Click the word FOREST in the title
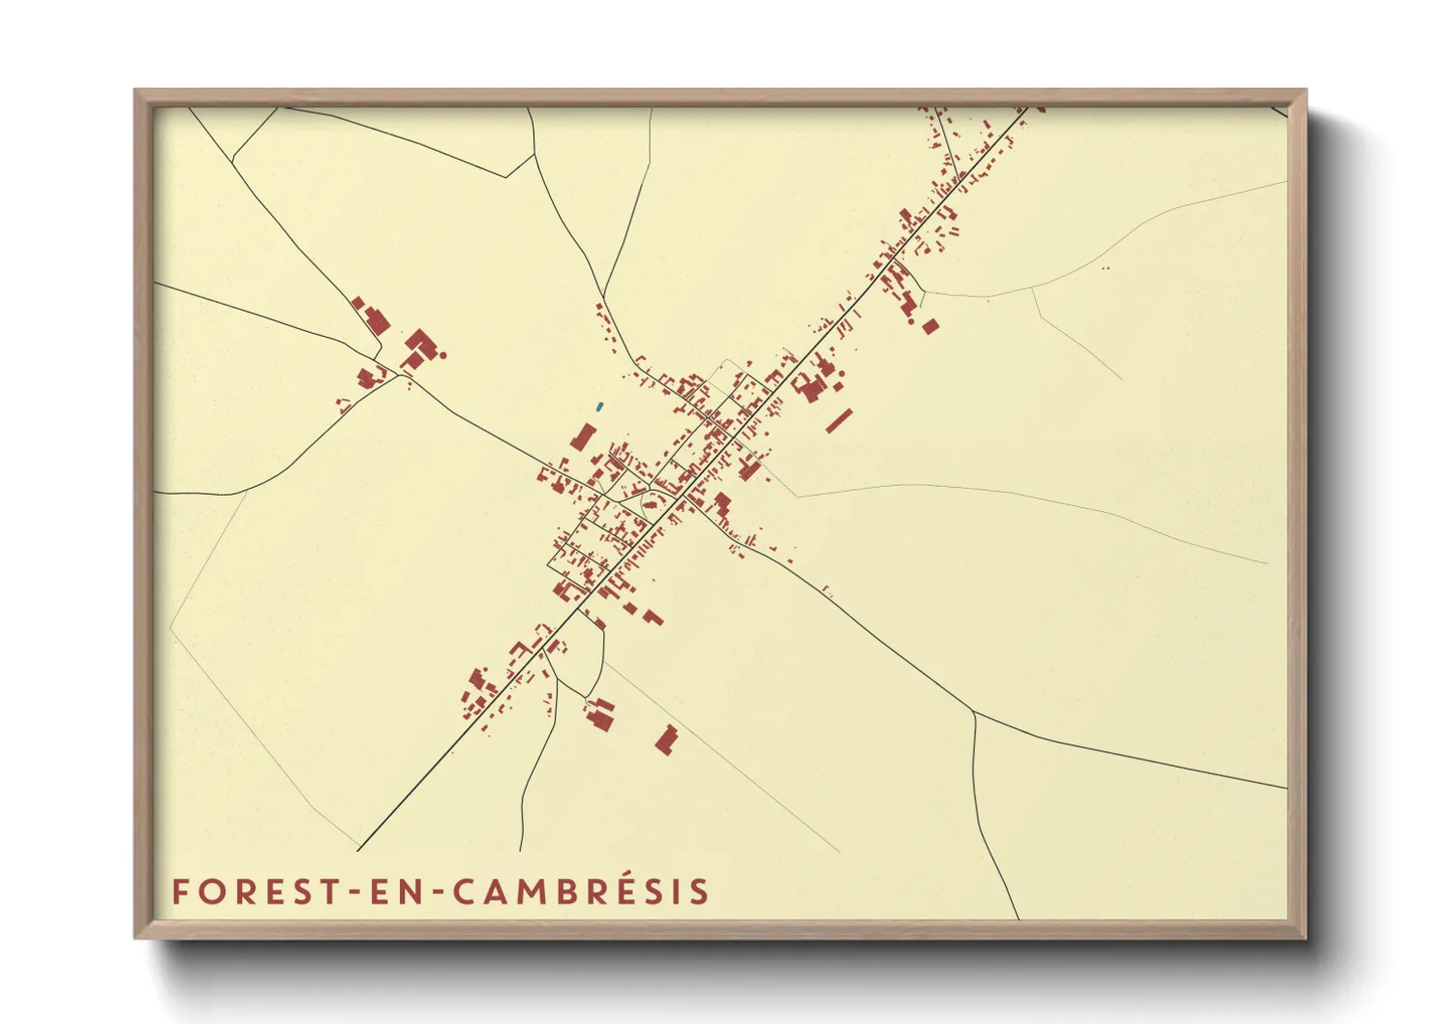coord(255,891)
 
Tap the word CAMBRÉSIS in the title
coord(581,891)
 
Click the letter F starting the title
coord(179,891)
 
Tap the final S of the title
coord(701,891)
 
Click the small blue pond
coord(599,407)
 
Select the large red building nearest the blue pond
coord(583,437)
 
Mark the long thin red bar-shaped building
coord(838,421)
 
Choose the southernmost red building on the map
coord(666,739)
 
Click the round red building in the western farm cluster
coord(443,355)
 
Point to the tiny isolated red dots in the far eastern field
coord(1106,268)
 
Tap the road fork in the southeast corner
coord(974,713)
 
